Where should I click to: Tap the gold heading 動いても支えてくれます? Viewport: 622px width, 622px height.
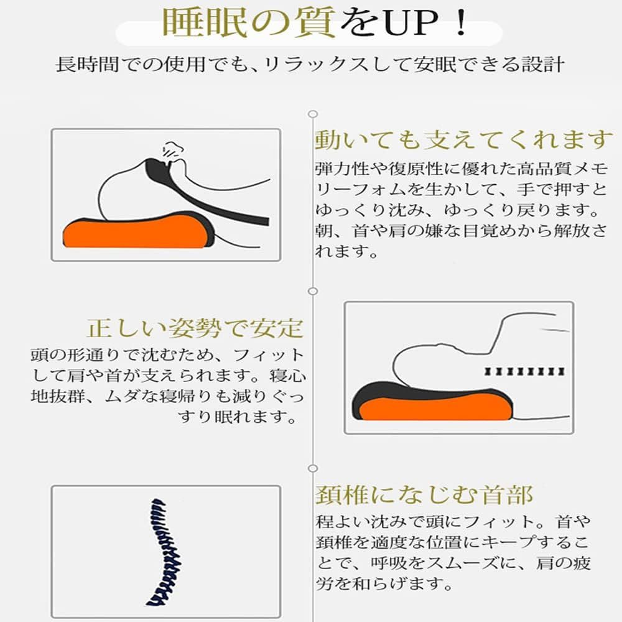[464, 141]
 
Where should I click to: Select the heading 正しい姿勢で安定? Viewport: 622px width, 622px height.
[195, 328]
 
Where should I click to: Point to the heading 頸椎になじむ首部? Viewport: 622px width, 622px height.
[424, 495]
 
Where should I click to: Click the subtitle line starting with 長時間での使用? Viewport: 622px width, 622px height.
[310, 65]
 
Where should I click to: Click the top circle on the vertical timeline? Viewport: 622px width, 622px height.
[313, 114]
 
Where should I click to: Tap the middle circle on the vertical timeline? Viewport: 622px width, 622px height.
[313, 291]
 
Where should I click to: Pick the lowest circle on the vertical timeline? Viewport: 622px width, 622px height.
[313, 468]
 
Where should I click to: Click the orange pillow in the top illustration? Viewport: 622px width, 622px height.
[135, 234]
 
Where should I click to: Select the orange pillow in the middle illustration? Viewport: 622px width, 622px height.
[434, 409]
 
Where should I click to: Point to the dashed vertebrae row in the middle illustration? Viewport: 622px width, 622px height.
[524, 372]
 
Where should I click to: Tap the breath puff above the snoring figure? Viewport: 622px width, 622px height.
[173, 151]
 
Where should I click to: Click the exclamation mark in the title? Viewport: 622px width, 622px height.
[462, 23]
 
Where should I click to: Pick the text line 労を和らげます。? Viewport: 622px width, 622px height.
[384, 583]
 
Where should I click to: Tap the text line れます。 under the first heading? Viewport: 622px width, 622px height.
[346, 251]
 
